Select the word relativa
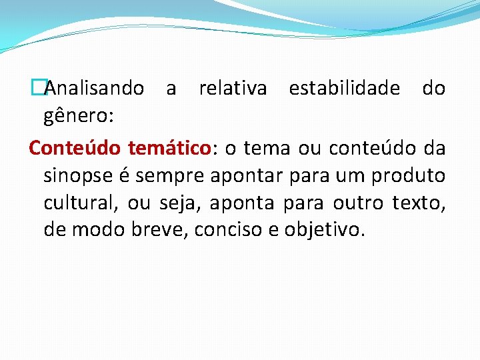pos(233,88)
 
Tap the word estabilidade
pos(344,88)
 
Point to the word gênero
pos(78,117)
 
